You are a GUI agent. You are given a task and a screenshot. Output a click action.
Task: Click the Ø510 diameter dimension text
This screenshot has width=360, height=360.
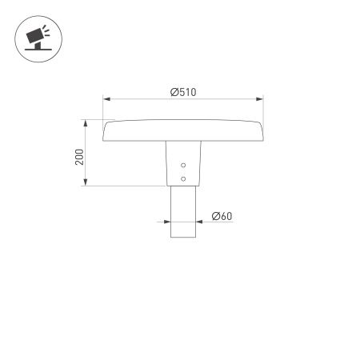(x=183, y=92)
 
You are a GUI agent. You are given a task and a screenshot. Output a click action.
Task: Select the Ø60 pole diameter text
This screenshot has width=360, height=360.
(x=222, y=216)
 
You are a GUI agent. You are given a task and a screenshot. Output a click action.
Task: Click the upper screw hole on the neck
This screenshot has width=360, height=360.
(x=183, y=166)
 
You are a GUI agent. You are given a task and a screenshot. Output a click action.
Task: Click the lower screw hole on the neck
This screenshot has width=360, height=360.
(x=183, y=178)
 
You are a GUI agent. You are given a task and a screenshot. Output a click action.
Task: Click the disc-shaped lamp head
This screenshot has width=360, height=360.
(x=183, y=130)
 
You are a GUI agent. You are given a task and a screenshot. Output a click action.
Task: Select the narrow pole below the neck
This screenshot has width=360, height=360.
(x=183, y=212)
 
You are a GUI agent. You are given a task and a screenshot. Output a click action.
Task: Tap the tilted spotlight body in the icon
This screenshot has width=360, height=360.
(x=36, y=36)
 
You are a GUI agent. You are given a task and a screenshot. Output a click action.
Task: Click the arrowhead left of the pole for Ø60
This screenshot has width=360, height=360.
(x=166, y=222)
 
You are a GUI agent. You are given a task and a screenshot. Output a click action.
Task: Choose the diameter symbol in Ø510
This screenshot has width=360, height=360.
(x=174, y=92)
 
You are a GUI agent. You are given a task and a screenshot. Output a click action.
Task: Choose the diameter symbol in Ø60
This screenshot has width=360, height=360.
(x=215, y=216)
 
